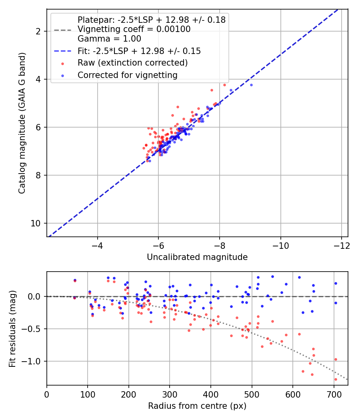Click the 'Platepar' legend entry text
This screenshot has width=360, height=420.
tap(151, 20)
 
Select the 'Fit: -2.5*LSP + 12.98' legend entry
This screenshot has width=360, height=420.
tap(139, 51)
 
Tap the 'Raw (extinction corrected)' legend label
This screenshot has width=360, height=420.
tap(132, 63)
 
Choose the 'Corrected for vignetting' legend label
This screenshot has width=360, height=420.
tap(127, 75)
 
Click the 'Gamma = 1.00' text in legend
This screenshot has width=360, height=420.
tap(109, 39)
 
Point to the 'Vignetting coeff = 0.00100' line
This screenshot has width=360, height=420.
tap(134, 29)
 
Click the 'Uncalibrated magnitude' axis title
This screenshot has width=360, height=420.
tap(197, 257)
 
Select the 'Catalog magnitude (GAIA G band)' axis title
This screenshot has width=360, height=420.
tap(22, 123)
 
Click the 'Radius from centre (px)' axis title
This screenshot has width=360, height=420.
tap(197, 406)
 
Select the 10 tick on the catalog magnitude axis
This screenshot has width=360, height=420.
tap(37, 223)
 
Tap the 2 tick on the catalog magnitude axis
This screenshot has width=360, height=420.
tap(39, 31)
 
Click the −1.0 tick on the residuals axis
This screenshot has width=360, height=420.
tap(34, 361)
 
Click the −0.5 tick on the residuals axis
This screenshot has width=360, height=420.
tap(34, 329)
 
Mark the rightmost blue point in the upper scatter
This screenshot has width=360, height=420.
tap(251, 85)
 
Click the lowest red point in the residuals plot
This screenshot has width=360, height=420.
tap(336, 379)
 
